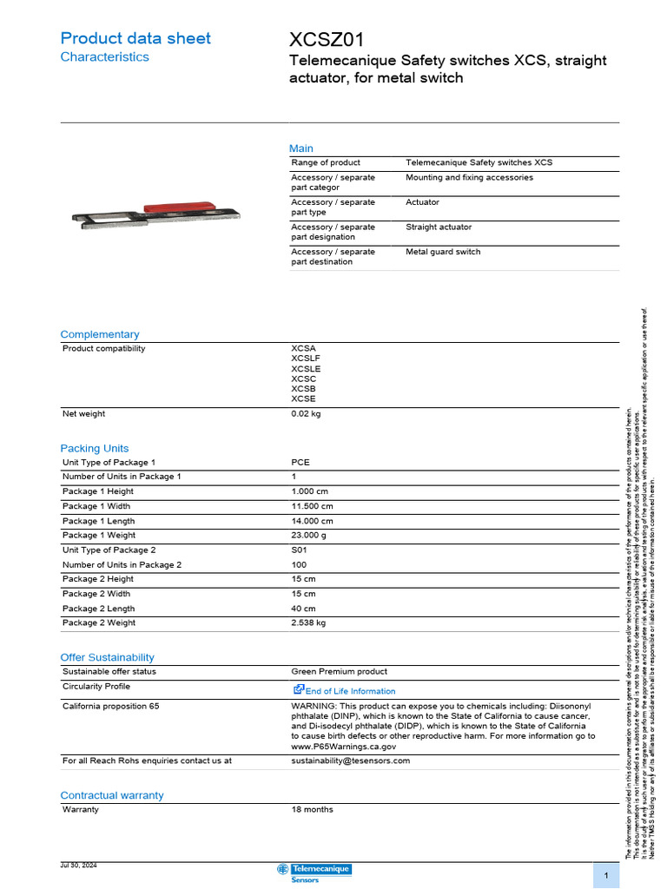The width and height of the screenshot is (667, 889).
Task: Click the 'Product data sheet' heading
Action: [x=135, y=38]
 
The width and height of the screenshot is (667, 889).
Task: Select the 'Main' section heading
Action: [x=301, y=148]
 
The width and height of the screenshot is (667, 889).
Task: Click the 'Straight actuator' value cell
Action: [x=439, y=227]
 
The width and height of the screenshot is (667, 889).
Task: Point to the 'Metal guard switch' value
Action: [x=443, y=252]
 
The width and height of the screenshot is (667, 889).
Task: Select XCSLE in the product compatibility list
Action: [x=306, y=369]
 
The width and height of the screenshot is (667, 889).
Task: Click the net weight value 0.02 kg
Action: [x=306, y=414]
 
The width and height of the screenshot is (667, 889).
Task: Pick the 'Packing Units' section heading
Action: [x=94, y=448]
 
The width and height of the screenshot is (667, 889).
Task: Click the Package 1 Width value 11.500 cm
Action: [x=312, y=506]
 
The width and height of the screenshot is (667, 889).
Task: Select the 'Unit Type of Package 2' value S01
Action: [x=300, y=550]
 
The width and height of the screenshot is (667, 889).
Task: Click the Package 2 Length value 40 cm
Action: [x=303, y=609]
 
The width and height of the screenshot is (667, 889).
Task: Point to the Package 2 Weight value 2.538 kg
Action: [x=308, y=623]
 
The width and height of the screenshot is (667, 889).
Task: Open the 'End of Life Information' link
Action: [x=349, y=691]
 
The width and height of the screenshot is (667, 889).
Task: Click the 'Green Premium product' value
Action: [x=339, y=671]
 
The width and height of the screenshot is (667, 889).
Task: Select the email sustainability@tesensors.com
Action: [x=350, y=761]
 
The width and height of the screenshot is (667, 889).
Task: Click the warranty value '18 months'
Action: [x=312, y=809]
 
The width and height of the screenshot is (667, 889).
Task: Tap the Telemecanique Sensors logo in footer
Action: [x=314, y=873]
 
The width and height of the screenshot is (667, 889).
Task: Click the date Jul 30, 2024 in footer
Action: [x=78, y=866]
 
